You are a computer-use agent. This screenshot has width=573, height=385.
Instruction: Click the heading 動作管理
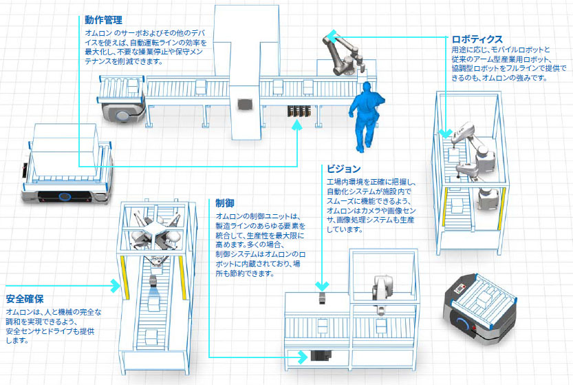[x=103, y=20]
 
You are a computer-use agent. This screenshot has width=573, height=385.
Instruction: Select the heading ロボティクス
[x=477, y=39]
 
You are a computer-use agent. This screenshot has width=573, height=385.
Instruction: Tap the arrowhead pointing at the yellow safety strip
[x=116, y=282]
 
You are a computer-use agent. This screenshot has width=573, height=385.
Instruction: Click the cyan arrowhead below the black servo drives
[x=297, y=126]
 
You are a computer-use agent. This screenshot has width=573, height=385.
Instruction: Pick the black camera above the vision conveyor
[x=323, y=300]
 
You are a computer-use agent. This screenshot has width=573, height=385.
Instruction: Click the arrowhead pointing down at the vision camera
[x=322, y=285]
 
